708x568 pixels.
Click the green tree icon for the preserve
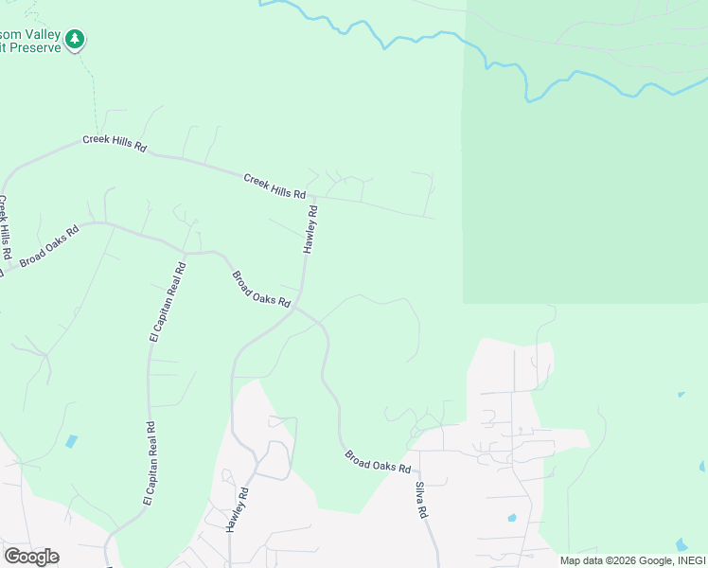75,39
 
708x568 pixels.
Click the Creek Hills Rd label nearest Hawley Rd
274,186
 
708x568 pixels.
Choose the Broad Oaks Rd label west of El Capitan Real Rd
50,245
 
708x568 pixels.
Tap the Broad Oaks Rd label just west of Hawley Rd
260,289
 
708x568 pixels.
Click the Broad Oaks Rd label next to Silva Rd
377,462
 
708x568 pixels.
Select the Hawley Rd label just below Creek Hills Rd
310,229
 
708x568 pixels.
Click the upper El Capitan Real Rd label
168,302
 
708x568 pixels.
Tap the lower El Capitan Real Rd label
149,465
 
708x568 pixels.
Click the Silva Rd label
421,499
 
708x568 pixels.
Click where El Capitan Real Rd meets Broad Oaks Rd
185,253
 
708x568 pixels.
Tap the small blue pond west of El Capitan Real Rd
72,441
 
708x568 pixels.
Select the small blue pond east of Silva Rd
511,518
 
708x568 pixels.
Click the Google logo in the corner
31,556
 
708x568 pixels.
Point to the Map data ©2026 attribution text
632,560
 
